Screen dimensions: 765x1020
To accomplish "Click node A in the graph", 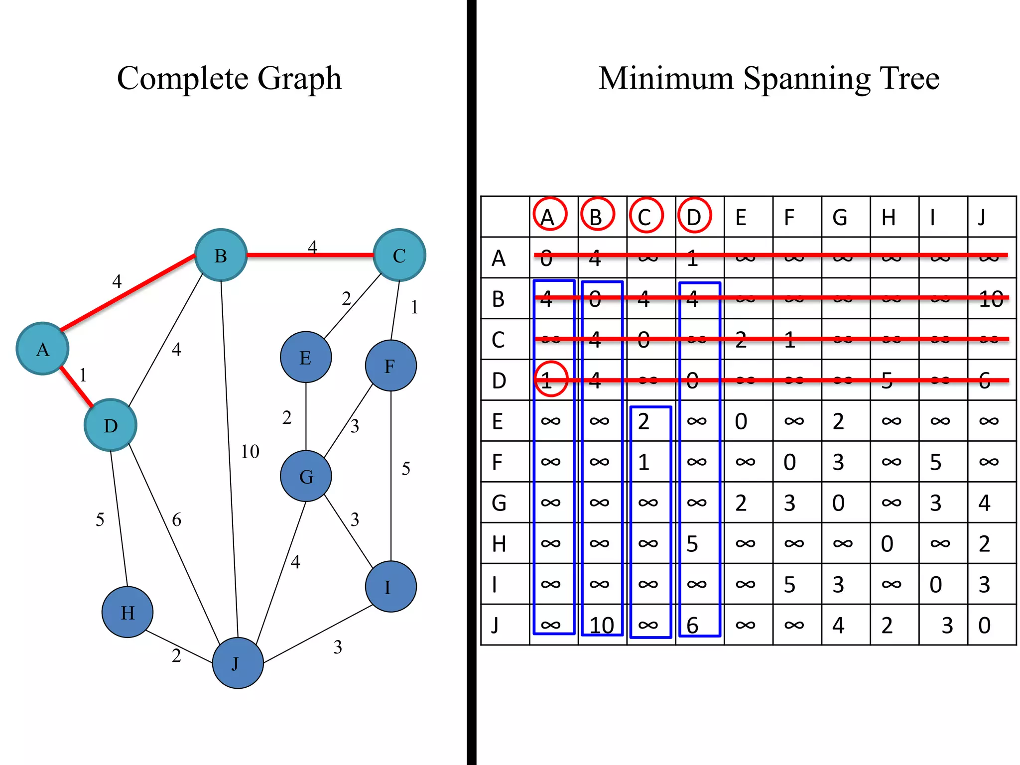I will click(x=42, y=349).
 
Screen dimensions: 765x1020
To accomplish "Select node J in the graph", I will click(x=238, y=663).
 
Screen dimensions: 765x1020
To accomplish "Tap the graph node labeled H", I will click(x=127, y=612).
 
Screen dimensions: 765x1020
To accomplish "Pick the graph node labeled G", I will click(x=306, y=476).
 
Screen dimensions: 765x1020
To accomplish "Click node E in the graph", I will click(x=306, y=357).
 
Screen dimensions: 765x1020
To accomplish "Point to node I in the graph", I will click(x=390, y=587).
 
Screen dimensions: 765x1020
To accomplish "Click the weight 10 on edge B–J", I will click(x=250, y=452).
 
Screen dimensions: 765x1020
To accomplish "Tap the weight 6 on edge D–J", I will click(x=176, y=520).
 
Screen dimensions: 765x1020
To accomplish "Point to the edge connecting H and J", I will click(x=179, y=647).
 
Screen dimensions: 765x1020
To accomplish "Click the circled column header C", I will click(x=645, y=216).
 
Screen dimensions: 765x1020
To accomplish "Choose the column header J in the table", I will click(x=982, y=217).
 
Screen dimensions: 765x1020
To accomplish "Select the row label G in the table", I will click(x=499, y=503).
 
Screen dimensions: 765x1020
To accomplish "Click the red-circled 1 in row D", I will click(x=550, y=380).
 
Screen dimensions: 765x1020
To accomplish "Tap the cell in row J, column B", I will click(x=601, y=625).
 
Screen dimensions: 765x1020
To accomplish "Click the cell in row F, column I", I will click(x=936, y=462).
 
